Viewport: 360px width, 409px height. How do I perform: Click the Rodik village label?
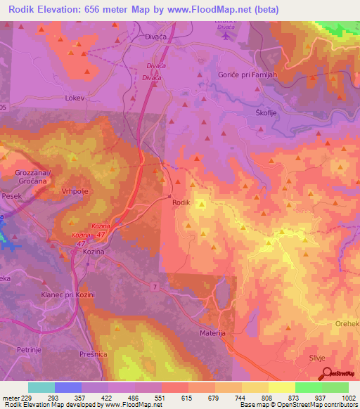tap(181, 202)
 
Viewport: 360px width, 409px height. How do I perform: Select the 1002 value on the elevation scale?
tap(348, 398)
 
